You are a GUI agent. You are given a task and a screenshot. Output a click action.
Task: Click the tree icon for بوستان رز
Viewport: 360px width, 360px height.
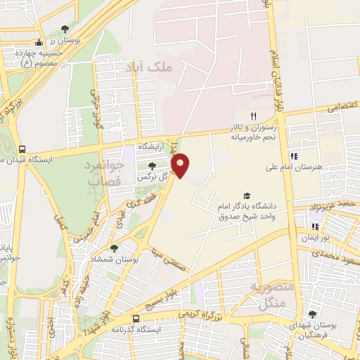click(65, 30)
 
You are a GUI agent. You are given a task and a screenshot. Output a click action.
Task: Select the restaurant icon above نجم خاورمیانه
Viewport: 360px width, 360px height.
click(254, 116)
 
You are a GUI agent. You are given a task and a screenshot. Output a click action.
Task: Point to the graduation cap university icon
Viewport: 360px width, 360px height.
click(246, 195)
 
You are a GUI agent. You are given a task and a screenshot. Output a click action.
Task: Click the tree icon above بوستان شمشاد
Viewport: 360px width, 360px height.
click(114, 249)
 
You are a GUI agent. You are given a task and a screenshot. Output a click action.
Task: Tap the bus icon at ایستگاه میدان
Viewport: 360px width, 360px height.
click(22, 149)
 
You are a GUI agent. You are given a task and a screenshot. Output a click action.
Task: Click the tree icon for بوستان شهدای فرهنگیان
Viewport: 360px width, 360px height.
click(312, 314)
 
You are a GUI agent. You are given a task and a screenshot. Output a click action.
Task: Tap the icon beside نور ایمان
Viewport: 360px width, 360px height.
click(315, 226)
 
